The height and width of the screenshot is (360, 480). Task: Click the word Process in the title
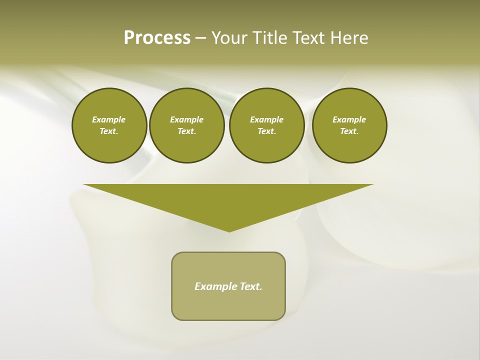coord(157,38)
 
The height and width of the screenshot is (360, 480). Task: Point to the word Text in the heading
coord(308,38)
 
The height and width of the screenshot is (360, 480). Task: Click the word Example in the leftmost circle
coord(109,119)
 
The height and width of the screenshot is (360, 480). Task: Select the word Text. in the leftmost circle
coord(109,131)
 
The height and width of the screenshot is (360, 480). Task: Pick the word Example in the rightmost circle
coord(349,119)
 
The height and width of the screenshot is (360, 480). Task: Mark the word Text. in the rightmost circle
coord(349,131)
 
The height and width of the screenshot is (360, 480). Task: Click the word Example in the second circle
coord(186,119)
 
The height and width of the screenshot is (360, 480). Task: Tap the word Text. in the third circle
coord(266,131)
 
